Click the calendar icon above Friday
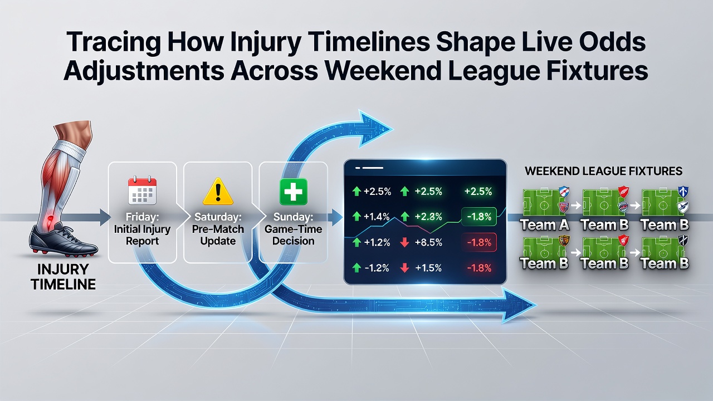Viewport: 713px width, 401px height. tap(142, 190)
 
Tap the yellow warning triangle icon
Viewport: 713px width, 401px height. tap(218, 191)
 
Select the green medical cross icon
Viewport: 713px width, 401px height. tap(293, 191)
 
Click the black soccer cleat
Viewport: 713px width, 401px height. tap(63, 240)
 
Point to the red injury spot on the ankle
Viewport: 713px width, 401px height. tap(50, 219)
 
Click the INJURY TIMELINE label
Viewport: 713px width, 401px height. tap(63, 277)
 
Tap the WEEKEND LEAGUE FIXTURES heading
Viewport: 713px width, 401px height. tap(603, 171)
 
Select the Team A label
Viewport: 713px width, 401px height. tap(545, 224)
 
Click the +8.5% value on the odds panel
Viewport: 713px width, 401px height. tap(428, 242)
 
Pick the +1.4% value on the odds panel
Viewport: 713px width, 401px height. tap(377, 217)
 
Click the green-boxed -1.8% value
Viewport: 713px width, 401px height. tap(479, 217)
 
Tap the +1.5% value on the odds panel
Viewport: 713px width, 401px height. tap(428, 268)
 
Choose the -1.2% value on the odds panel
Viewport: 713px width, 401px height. tap(377, 268)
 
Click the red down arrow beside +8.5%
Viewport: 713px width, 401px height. tap(404, 242)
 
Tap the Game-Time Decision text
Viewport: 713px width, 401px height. tap(293, 235)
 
